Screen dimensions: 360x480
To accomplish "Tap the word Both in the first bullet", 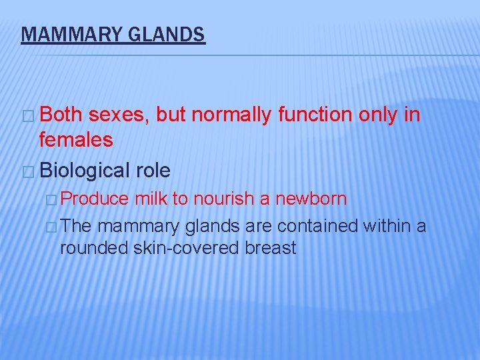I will (61, 115).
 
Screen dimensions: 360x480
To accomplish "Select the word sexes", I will (119, 115).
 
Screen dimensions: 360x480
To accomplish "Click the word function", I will (315, 115).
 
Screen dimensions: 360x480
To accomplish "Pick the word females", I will (76, 141).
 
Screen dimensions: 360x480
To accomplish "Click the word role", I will (153, 171).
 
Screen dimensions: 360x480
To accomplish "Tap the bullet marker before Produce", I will (53, 199).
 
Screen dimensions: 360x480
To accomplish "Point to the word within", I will (387, 227).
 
